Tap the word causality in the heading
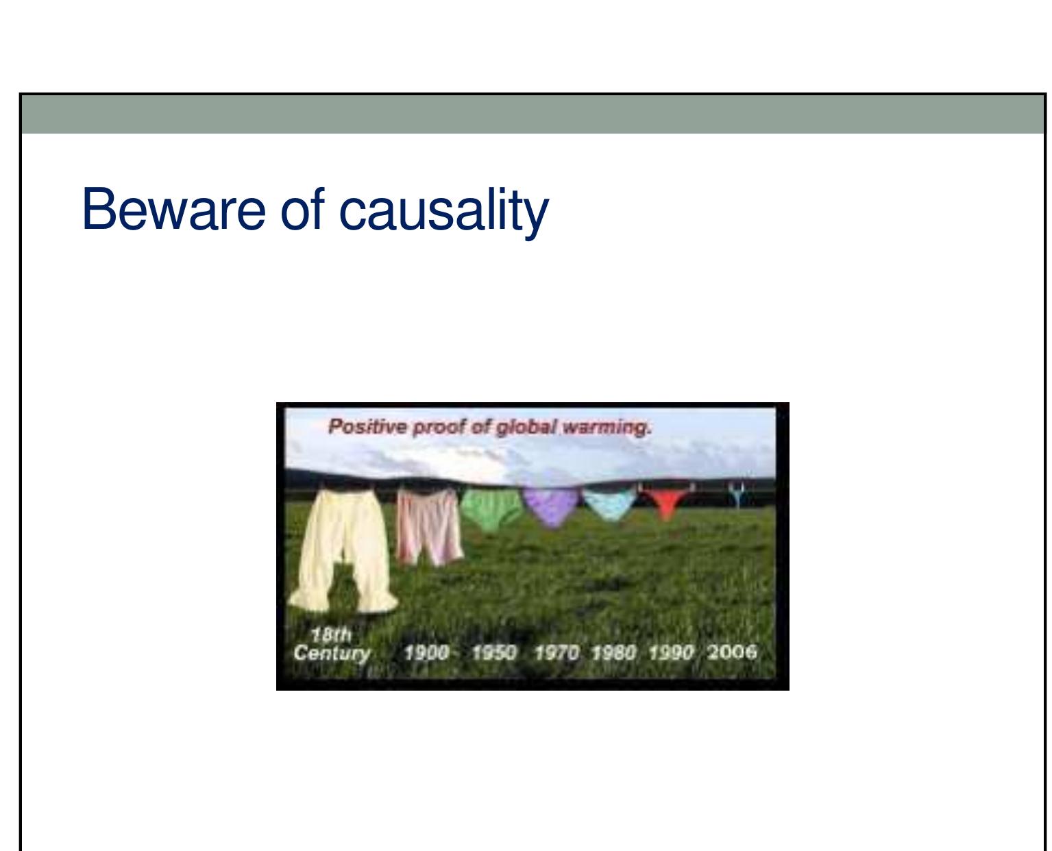click(x=443, y=212)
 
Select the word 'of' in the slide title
click(x=302, y=208)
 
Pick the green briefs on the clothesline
click(x=491, y=509)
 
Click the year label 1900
click(x=426, y=653)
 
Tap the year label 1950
click(x=494, y=653)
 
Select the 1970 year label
click(x=556, y=653)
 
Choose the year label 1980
click(x=613, y=653)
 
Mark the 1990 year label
click(x=671, y=653)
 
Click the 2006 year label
click(x=732, y=652)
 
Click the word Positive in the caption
click(x=368, y=427)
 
